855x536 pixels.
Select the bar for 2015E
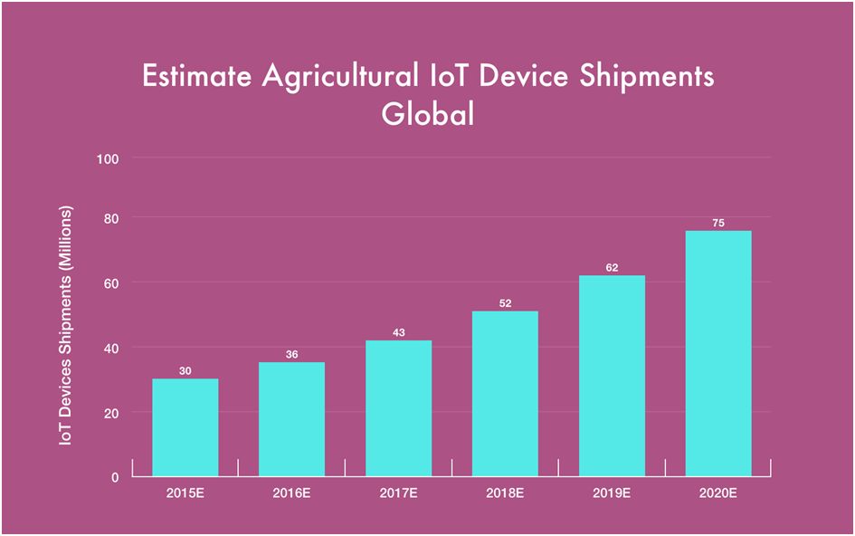[x=185, y=427]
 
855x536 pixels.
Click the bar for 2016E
[x=291, y=419]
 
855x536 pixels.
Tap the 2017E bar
[x=398, y=408]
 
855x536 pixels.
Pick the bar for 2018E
[x=505, y=394]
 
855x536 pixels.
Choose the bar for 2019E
[x=612, y=376]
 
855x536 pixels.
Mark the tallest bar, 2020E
[x=718, y=353]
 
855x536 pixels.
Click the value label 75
[x=718, y=222]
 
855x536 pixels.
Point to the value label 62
[x=612, y=267]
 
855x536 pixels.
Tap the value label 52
[x=505, y=303]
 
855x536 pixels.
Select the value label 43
[x=398, y=332]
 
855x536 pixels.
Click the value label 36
[x=291, y=354]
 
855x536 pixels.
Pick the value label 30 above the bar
[x=185, y=370]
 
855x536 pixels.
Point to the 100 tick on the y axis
[x=109, y=158]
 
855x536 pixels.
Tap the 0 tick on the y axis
[x=115, y=477]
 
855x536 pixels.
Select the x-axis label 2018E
[x=505, y=495]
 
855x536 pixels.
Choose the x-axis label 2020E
[x=718, y=495]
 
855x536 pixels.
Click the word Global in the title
[x=427, y=116]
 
